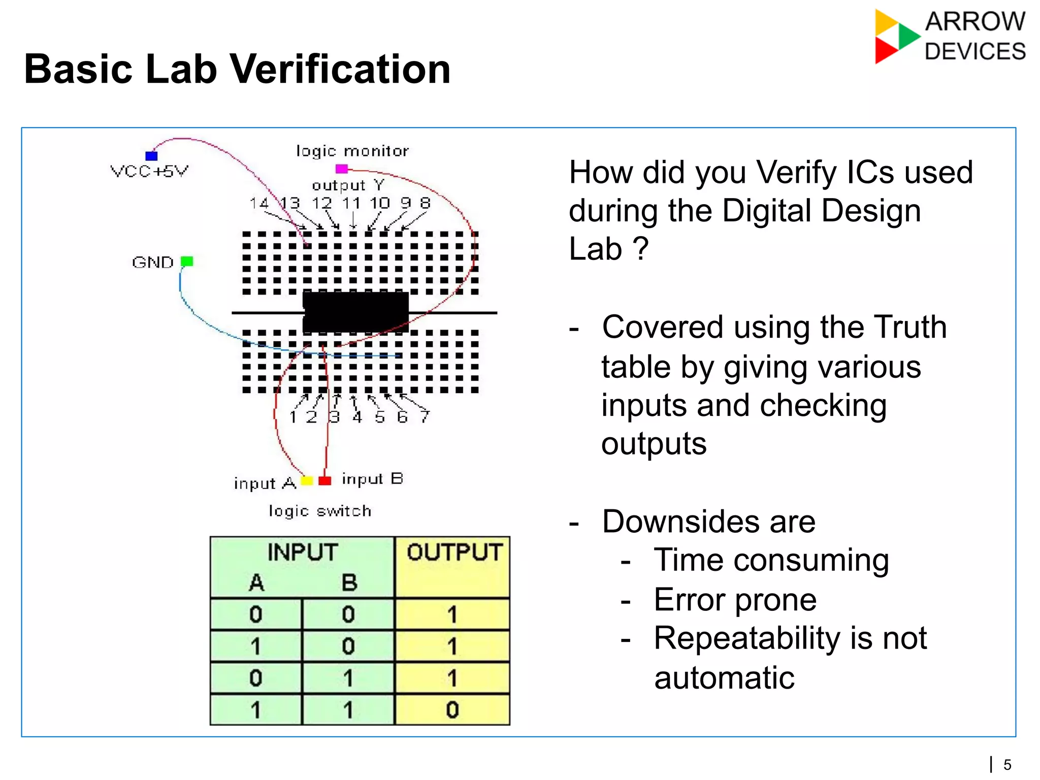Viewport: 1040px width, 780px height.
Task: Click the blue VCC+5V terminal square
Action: tap(151, 155)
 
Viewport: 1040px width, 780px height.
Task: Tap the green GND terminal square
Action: tap(187, 261)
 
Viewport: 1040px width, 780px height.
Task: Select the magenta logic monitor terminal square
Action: tap(342, 169)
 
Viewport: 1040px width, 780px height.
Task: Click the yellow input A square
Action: tap(307, 480)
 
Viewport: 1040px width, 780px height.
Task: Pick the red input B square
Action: tap(325, 480)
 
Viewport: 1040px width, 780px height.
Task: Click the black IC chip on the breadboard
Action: tap(355, 312)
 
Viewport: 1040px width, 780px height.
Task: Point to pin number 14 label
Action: tap(259, 203)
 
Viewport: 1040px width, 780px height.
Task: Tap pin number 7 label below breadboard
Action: tap(425, 417)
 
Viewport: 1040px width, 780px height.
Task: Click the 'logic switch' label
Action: tap(320, 511)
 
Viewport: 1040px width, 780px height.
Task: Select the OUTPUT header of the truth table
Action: tap(454, 552)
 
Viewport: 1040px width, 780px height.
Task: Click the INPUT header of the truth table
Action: tap(303, 552)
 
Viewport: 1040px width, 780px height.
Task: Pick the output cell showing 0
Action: tap(452, 709)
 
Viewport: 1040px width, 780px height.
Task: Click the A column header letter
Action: tap(256, 582)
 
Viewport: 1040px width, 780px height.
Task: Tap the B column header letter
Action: tap(349, 582)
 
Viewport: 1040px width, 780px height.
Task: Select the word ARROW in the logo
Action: tap(975, 22)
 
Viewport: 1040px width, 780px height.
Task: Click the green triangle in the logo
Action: tap(907, 36)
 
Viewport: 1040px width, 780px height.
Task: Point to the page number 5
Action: tap(1007, 764)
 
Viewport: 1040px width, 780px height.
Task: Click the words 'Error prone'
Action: tap(735, 600)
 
